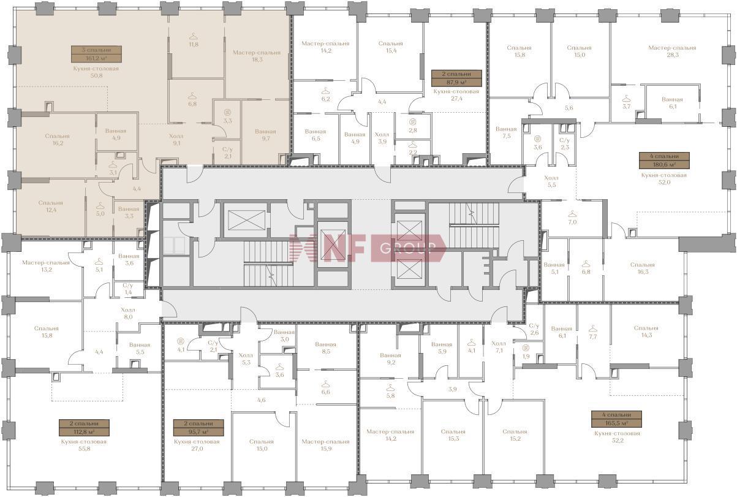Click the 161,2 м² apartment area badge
(x=96, y=54)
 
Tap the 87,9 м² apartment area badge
(x=456, y=78)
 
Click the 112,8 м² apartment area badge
(x=84, y=428)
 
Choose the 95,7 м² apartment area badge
(x=198, y=428)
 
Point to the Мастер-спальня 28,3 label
(x=672, y=51)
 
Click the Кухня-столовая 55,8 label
(x=84, y=445)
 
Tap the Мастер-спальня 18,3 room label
(x=257, y=56)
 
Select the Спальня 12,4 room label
(x=51, y=206)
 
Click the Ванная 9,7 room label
(x=265, y=135)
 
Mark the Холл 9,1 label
(x=176, y=140)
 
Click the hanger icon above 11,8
(x=194, y=36)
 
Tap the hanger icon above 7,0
(x=573, y=213)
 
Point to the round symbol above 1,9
(x=526, y=347)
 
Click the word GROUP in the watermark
(x=408, y=248)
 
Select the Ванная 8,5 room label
(x=325, y=348)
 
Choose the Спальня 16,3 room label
(x=643, y=268)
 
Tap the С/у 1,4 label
(x=127, y=289)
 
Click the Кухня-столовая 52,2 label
(x=618, y=437)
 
